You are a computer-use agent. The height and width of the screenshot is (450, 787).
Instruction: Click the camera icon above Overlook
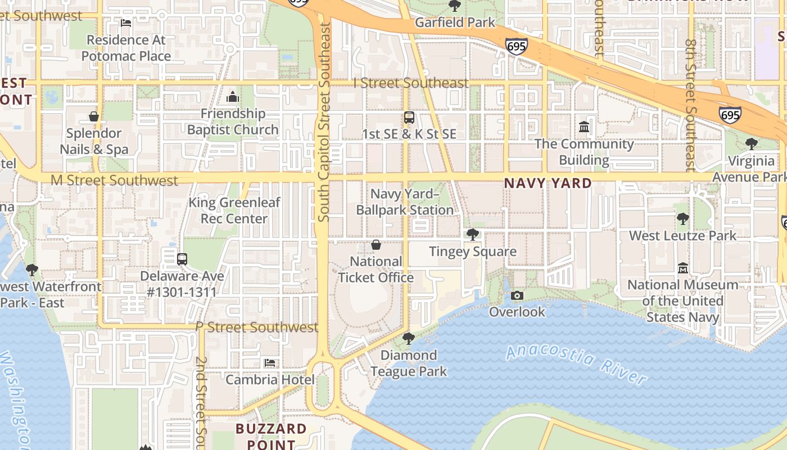click(x=517, y=295)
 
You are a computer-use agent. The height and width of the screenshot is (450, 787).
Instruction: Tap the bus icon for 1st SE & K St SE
click(x=409, y=118)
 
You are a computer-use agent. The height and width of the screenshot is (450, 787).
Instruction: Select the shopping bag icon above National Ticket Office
click(x=376, y=245)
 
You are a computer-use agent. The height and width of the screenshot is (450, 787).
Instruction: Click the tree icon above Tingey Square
click(x=473, y=234)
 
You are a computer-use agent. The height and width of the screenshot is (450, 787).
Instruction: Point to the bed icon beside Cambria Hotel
click(x=270, y=363)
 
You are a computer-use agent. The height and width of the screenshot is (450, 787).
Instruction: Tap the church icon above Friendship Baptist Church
click(x=233, y=97)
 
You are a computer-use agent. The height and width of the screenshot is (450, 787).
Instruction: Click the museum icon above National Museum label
click(x=683, y=268)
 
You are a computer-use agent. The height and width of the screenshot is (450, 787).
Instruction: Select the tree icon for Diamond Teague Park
click(x=409, y=338)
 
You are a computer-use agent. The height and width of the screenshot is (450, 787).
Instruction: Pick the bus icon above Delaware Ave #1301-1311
click(x=182, y=259)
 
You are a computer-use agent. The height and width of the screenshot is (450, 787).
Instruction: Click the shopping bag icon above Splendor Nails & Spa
click(x=94, y=116)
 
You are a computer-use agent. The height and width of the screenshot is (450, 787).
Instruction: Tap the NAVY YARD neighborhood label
click(x=548, y=183)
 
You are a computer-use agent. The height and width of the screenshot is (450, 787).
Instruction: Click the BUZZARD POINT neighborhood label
click(x=271, y=436)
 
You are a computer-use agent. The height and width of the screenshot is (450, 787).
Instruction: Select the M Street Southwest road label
click(x=114, y=181)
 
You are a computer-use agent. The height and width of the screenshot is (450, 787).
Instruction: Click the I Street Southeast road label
click(x=411, y=83)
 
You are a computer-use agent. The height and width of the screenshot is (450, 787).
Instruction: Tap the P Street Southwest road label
click(x=257, y=327)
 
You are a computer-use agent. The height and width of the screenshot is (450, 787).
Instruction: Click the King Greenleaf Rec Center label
click(x=234, y=210)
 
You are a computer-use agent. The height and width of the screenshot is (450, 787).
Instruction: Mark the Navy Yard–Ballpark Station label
click(x=405, y=202)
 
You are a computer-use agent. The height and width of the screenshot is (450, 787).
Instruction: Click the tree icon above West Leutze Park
click(x=683, y=219)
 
